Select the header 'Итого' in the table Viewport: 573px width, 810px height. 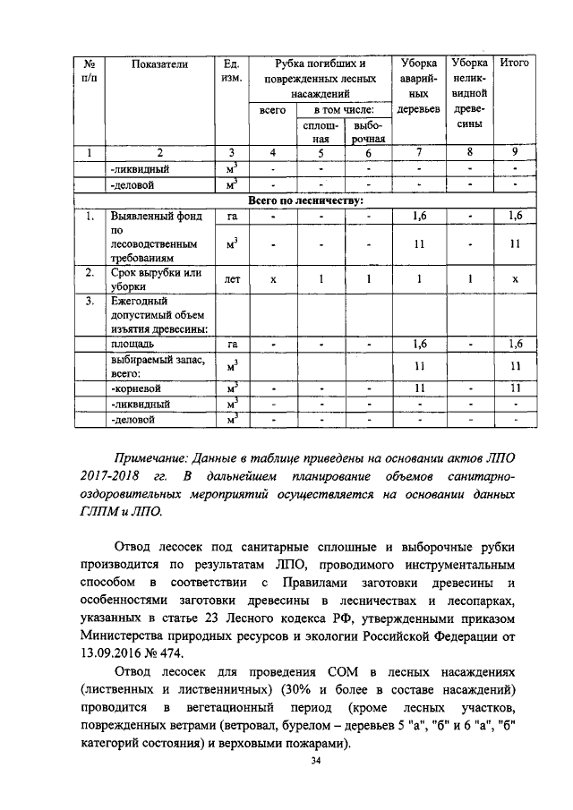[514, 64]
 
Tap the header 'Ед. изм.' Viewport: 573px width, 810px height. [231, 71]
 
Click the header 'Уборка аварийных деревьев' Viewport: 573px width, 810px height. [418, 86]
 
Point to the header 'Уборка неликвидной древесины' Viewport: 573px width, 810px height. [469, 93]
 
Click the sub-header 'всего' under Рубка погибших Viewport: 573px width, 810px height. [272, 109]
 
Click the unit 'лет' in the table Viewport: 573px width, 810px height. [231, 279]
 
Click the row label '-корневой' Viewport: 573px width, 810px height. [134, 388]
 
